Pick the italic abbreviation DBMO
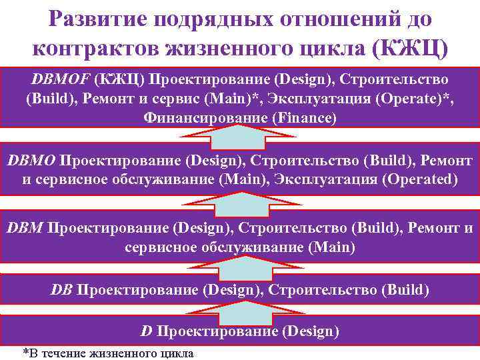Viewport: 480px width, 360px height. click(x=31, y=161)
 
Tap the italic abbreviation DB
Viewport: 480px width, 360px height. click(x=62, y=290)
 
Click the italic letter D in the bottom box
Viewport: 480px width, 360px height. click(x=147, y=331)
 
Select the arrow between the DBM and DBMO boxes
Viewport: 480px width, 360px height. click(x=240, y=203)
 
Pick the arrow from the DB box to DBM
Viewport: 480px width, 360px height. click(x=240, y=268)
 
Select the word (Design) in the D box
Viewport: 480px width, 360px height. click(x=311, y=331)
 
